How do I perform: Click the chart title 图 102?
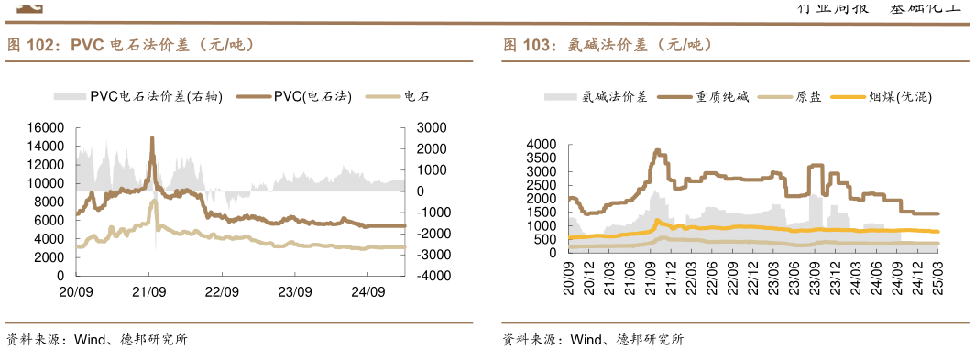click(129, 45)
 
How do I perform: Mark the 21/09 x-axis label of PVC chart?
click(148, 292)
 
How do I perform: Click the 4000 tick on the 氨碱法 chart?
click(542, 145)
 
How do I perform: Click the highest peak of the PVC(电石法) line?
click(152, 138)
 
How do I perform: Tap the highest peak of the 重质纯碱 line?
click(657, 151)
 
